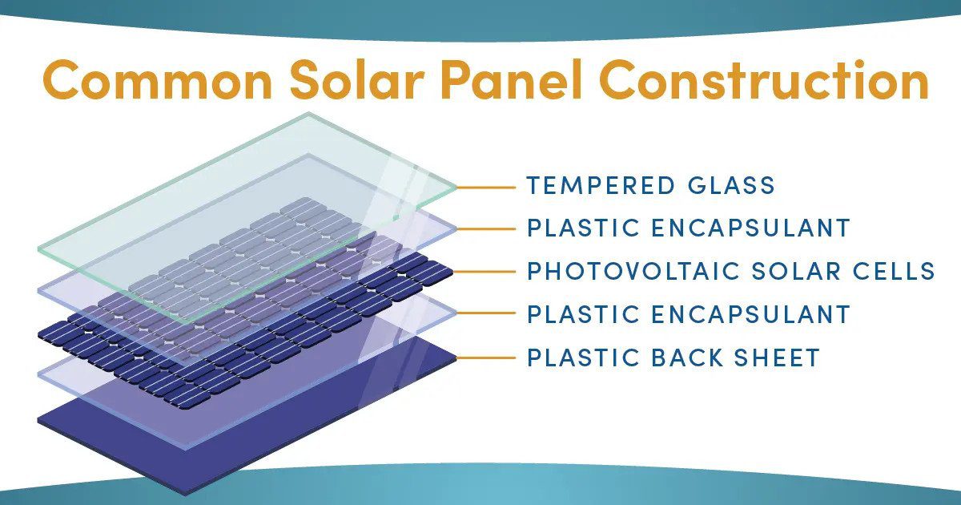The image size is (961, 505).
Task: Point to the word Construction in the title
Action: (x=764, y=79)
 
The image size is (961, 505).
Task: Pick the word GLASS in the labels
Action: (x=731, y=185)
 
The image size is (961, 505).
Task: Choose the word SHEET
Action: (x=777, y=358)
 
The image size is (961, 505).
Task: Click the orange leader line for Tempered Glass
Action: (x=486, y=188)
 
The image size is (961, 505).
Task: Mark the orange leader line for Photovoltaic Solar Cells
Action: (x=484, y=272)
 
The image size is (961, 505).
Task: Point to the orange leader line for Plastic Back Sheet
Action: (x=486, y=358)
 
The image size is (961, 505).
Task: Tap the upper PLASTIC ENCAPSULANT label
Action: (x=688, y=228)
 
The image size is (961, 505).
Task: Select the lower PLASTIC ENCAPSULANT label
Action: (x=688, y=314)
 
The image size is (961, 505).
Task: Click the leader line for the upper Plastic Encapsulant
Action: (x=486, y=229)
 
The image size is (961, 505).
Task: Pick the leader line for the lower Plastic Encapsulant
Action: (x=486, y=313)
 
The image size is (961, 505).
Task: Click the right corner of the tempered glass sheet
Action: (x=456, y=188)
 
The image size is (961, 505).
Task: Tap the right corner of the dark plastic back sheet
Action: (x=456, y=358)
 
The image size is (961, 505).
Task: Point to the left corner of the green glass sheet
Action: (x=38, y=249)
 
